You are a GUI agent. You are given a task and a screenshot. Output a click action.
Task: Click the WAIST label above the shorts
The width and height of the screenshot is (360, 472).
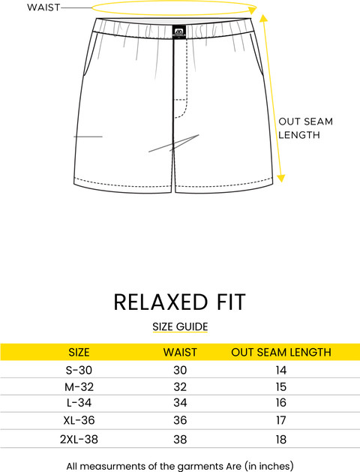click(43, 8)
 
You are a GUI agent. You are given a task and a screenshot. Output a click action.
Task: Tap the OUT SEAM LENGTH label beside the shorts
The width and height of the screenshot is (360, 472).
click(305, 128)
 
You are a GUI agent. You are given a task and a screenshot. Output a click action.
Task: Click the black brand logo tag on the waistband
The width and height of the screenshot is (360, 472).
click(179, 32)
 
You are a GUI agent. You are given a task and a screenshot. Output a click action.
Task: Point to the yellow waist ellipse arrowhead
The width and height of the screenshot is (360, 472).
click(253, 10)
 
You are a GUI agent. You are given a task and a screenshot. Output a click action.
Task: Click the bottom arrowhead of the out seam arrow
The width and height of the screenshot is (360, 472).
click(280, 178)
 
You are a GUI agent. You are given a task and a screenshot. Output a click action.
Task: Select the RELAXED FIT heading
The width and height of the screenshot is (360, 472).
click(180, 302)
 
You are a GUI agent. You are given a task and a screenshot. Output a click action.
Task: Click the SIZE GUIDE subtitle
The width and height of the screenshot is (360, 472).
click(180, 326)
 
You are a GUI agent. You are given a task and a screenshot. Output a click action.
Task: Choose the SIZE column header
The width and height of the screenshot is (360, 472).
click(79, 352)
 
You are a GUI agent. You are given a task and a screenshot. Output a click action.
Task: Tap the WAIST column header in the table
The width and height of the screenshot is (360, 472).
click(180, 352)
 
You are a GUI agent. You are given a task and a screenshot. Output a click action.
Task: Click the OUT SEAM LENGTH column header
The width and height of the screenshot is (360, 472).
click(281, 352)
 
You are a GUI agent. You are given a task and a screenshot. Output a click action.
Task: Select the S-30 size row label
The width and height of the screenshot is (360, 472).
click(79, 370)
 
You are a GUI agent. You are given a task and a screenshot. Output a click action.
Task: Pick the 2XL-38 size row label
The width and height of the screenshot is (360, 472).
click(79, 439)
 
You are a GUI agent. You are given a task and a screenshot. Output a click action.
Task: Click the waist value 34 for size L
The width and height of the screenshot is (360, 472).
click(180, 402)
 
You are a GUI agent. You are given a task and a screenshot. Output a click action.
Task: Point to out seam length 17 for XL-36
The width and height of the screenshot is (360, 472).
click(281, 420)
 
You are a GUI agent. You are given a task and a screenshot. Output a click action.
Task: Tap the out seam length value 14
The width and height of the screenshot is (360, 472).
click(281, 370)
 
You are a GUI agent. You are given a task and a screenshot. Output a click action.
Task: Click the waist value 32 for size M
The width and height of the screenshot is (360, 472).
click(180, 386)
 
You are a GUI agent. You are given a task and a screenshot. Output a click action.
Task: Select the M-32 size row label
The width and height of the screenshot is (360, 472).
click(79, 386)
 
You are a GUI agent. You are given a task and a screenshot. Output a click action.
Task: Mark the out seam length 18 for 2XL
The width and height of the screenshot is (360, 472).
click(281, 439)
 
